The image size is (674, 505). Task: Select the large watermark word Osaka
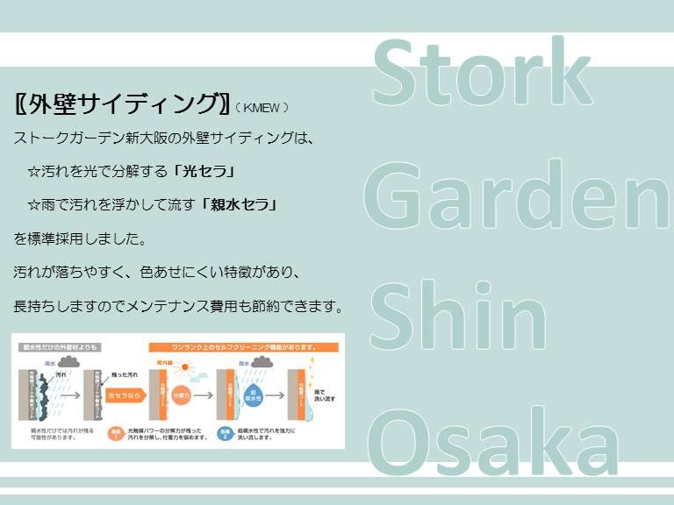(491, 438)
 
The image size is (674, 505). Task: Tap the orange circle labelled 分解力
(182, 395)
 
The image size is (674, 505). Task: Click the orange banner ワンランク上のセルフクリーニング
(243, 346)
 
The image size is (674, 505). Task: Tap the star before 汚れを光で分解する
(34, 171)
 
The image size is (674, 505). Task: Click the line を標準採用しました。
(79, 238)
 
